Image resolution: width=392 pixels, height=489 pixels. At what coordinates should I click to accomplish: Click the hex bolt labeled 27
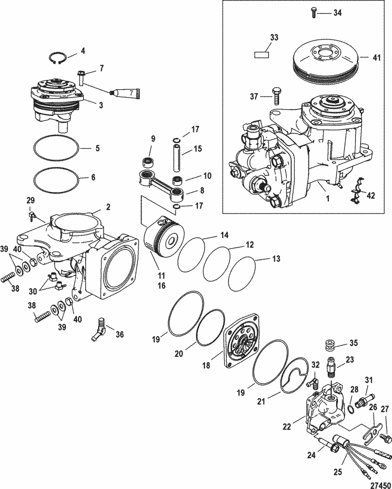[x=387, y=435]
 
